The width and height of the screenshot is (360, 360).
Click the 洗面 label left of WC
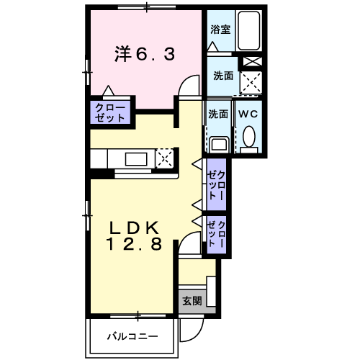218,114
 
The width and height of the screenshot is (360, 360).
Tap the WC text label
248,114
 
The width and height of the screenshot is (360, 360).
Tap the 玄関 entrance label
191,300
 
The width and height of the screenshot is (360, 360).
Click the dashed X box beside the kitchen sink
165,157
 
